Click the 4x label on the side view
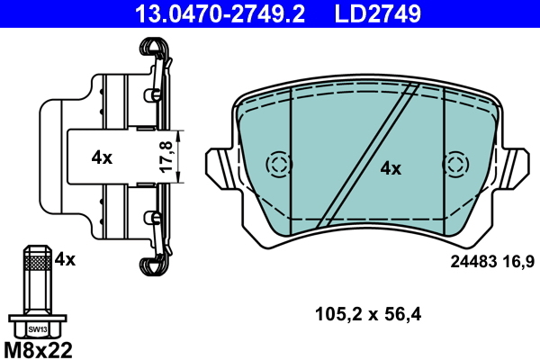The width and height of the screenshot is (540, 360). [102, 157]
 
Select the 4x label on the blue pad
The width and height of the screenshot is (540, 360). [391, 167]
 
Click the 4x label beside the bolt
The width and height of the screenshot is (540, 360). [65, 259]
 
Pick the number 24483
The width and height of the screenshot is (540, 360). [472, 262]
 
